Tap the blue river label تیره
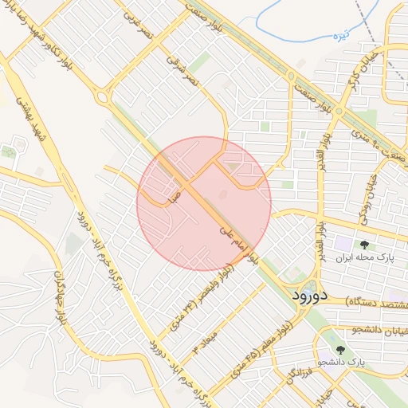[341, 35]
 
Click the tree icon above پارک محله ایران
[364, 244]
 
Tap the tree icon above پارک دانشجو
[342, 349]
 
